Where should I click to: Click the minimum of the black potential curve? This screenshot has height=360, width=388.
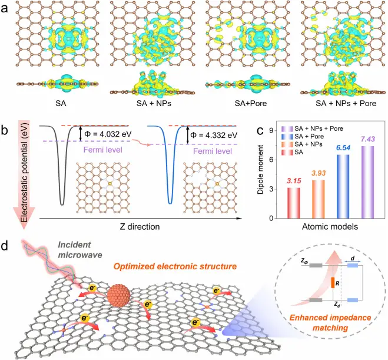point(62,204)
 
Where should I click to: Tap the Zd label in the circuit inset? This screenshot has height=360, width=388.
point(337,306)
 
